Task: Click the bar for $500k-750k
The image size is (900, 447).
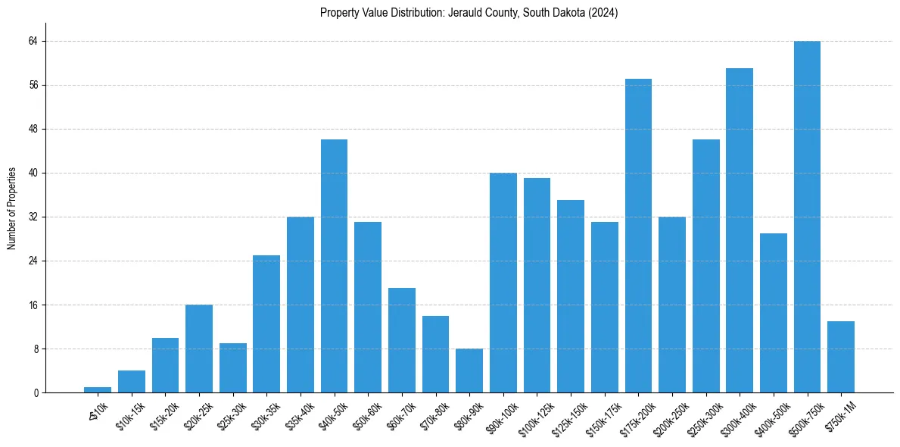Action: click(x=807, y=217)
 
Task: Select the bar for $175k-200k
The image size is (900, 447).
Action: click(x=638, y=236)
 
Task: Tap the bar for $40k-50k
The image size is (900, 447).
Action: click(x=334, y=266)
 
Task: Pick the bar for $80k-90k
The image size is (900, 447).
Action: click(x=469, y=370)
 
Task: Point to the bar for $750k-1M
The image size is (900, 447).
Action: click(x=841, y=357)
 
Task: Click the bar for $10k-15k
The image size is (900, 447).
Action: click(x=132, y=382)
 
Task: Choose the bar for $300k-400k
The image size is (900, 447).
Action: click(x=740, y=230)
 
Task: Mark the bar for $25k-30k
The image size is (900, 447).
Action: click(x=233, y=368)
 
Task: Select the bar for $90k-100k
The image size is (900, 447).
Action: click(x=503, y=283)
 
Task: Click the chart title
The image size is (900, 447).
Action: click(x=469, y=13)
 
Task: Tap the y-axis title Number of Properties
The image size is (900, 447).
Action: click(x=12, y=208)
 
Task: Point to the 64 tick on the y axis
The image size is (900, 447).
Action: click(x=33, y=41)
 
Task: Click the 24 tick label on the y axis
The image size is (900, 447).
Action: click(x=33, y=261)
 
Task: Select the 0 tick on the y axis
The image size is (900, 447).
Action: click(x=36, y=393)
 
